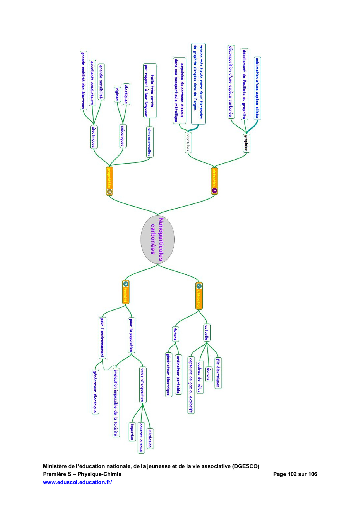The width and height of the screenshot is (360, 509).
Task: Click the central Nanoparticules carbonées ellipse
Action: click(x=157, y=239)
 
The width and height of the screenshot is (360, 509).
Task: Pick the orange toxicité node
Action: click(x=125, y=292)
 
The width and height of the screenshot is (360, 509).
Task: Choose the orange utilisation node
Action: click(x=199, y=296)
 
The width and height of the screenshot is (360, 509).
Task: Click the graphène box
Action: click(x=246, y=143)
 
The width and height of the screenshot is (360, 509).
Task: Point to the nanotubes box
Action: click(x=188, y=142)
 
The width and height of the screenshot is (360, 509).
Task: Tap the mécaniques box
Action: click(x=123, y=136)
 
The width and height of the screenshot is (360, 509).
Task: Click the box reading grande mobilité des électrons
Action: click(x=83, y=80)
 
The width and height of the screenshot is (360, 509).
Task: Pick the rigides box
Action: click(x=117, y=94)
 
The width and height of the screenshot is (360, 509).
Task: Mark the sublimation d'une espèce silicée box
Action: click(x=257, y=88)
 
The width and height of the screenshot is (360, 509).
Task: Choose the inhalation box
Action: click(x=150, y=438)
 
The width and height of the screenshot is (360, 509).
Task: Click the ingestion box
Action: click(x=132, y=432)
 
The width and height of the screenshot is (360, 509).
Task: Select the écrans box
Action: click(x=208, y=374)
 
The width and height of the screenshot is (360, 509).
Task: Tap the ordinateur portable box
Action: click(x=178, y=374)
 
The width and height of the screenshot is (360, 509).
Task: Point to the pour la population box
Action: click(x=131, y=335)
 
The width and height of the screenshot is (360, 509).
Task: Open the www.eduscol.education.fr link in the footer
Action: click(x=77, y=482)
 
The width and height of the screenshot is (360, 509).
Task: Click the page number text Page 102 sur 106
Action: click(x=295, y=474)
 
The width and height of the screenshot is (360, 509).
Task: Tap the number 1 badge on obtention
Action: click(x=215, y=191)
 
